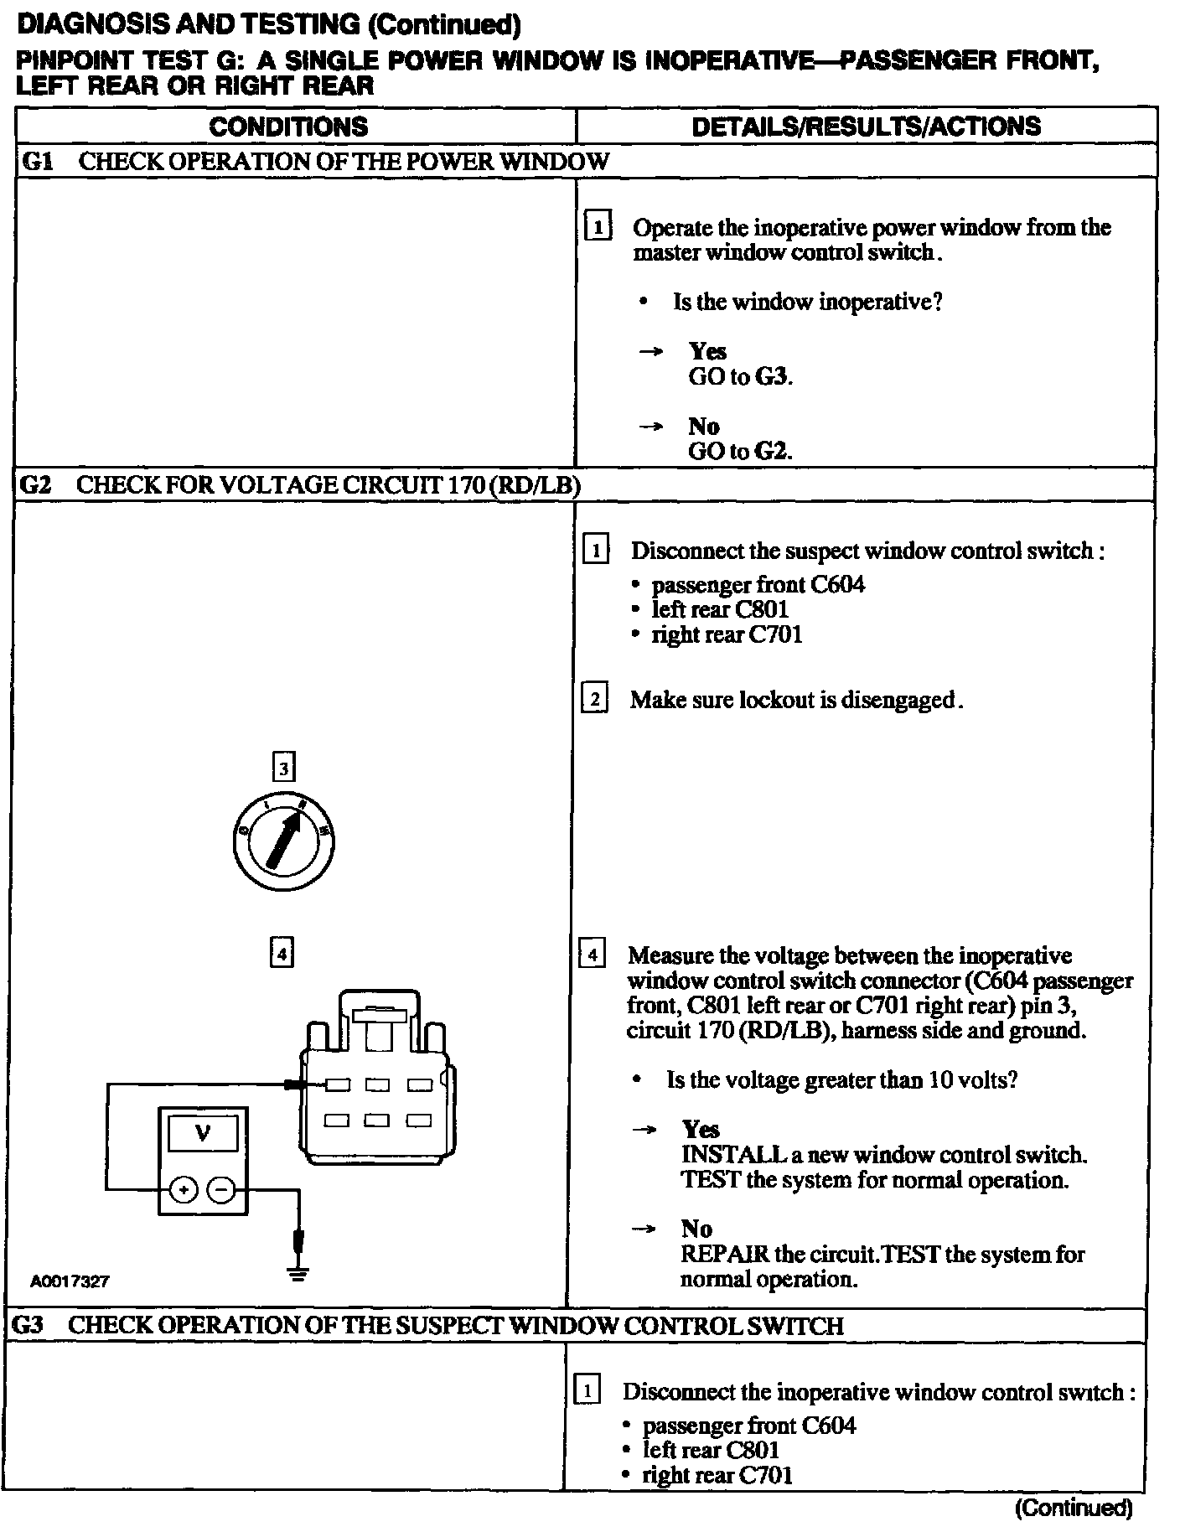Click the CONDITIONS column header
(287, 127)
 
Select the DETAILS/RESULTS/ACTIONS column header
(866, 127)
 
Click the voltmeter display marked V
(203, 1135)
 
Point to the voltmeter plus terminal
(184, 1189)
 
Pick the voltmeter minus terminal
(221, 1189)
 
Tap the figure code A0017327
(70, 1281)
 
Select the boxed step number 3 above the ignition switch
(283, 768)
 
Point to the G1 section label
(37, 161)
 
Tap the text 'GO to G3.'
(740, 376)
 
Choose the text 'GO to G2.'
(740, 451)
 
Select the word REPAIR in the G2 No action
(724, 1255)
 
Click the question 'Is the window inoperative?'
(808, 302)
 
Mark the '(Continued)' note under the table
(1074, 1509)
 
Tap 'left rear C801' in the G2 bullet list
(720, 609)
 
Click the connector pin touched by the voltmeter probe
(338, 1086)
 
